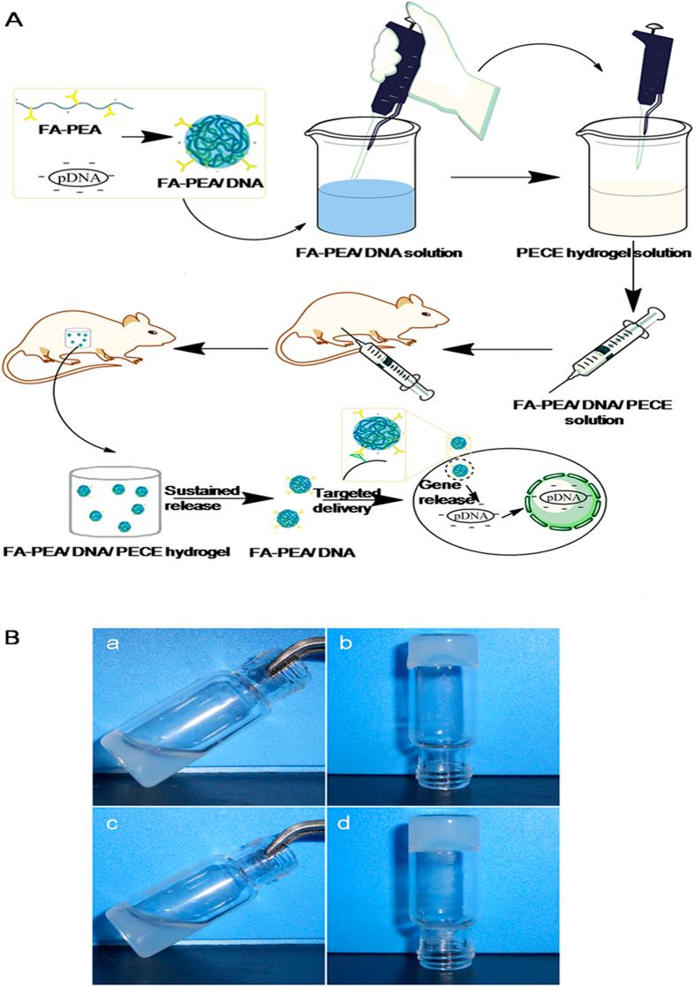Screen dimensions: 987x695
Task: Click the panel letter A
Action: pos(13,20)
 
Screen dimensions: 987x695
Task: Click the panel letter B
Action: pos(13,636)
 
